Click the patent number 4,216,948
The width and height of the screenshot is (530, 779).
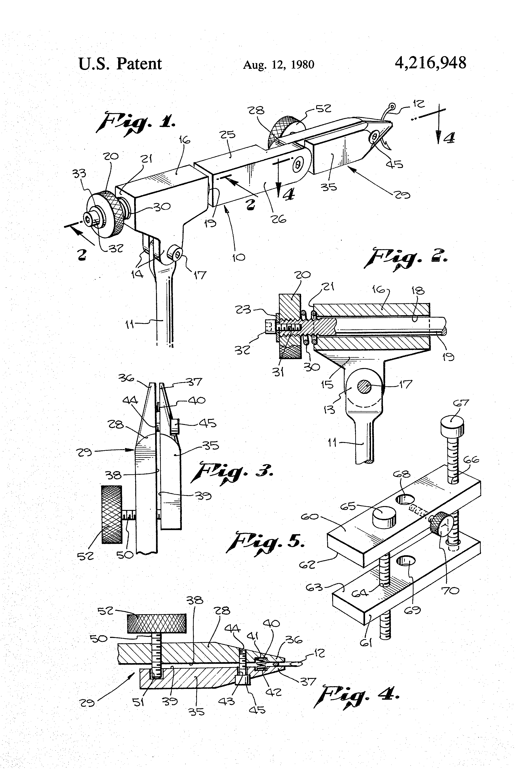pyautogui.click(x=430, y=63)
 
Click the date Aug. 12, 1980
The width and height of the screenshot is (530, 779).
pyautogui.click(x=278, y=65)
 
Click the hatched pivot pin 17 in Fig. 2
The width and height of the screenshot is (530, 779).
pyautogui.click(x=364, y=387)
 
